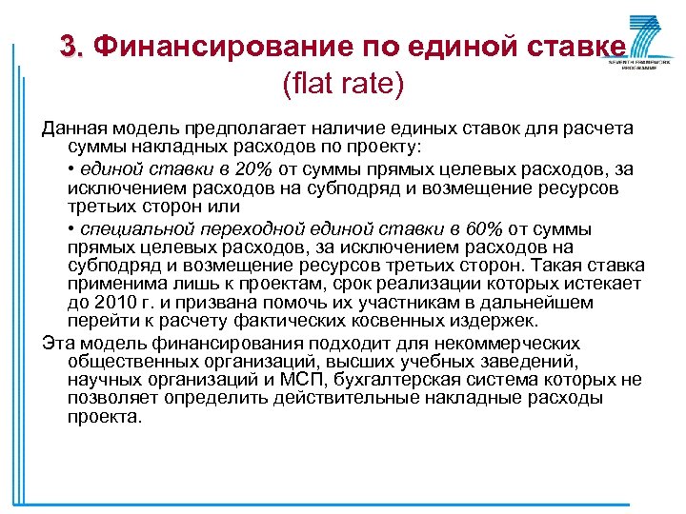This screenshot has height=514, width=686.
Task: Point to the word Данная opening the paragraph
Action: (x=72, y=129)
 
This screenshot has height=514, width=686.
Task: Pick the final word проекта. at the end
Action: (x=105, y=417)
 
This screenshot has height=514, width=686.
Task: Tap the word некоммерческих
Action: (x=530, y=343)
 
